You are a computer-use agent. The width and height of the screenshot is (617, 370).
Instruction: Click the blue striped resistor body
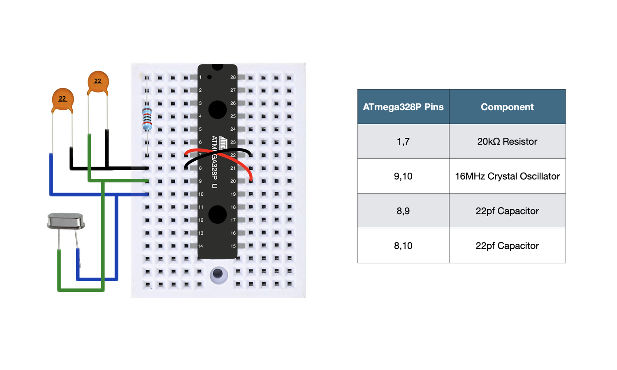pyautogui.click(x=147, y=118)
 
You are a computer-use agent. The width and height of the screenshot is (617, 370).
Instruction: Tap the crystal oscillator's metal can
pyautogui.click(x=66, y=222)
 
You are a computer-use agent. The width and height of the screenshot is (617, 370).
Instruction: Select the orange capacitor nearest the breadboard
pyautogui.click(x=98, y=81)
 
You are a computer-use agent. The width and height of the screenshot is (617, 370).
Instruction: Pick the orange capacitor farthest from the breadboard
pyautogui.click(x=63, y=99)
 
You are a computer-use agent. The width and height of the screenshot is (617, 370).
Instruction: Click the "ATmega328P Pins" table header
pyautogui.click(x=403, y=107)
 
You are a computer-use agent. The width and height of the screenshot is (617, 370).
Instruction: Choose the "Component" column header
pyautogui.click(x=507, y=107)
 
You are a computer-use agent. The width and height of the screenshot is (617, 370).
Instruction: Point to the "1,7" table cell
pyautogui.click(x=403, y=141)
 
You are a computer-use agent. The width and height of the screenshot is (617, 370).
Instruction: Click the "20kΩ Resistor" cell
pyautogui.click(x=507, y=141)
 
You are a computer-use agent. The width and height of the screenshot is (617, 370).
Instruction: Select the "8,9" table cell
pyautogui.click(x=403, y=211)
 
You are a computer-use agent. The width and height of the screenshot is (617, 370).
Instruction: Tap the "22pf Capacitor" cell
pyautogui.click(x=507, y=211)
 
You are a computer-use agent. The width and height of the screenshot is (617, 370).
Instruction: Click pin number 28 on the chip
pyautogui.click(x=233, y=77)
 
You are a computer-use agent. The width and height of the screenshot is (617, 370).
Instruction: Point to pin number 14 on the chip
pyautogui.click(x=201, y=246)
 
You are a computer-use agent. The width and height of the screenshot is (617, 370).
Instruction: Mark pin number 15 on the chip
pyautogui.click(x=233, y=246)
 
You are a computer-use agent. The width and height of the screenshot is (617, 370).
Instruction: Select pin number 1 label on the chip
pyautogui.click(x=200, y=77)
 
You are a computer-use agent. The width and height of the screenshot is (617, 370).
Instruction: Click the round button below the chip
pyautogui.click(x=218, y=274)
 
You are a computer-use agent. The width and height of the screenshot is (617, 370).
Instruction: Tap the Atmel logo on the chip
pyautogui.click(x=223, y=142)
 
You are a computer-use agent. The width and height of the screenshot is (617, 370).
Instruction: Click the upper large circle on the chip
pyautogui.click(x=218, y=109)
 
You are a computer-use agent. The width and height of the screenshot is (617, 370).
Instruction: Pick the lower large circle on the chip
pyautogui.click(x=218, y=214)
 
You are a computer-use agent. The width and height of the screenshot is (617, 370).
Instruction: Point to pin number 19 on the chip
pyautogui.click(x=233, y=194)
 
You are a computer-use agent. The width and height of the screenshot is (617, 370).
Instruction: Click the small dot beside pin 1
pyautogui.click(x=209, y=77)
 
